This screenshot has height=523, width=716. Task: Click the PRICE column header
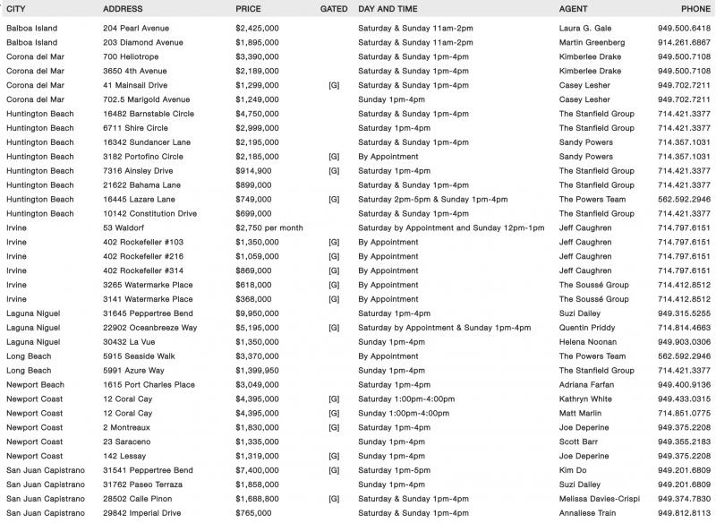(248, 9)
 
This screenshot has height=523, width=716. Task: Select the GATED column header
(333, 9)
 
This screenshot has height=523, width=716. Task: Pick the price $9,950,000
(258, 313)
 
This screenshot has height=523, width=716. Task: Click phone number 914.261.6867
(684, 42)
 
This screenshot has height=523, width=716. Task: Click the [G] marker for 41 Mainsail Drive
(334, 85)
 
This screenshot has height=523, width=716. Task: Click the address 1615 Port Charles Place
(149, 385)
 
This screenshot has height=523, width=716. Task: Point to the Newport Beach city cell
(35, 385)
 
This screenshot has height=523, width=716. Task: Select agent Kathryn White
(586, 399)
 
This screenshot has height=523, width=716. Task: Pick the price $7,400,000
(258, 470)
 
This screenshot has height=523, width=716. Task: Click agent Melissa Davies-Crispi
(601, 499)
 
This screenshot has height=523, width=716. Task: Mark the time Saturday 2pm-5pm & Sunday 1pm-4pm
(432, 199)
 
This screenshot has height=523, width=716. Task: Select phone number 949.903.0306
(684, 342)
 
